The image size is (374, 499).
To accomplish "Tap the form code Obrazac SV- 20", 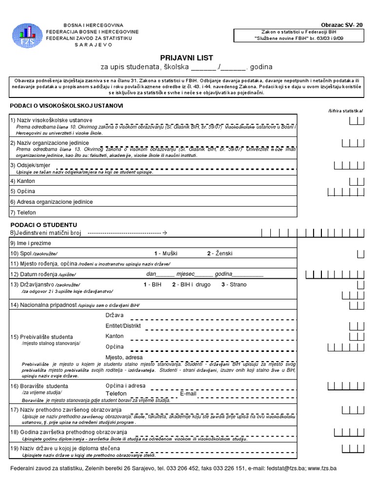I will [x=342, y=25].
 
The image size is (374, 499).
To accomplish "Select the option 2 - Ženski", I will [x=220, y=253].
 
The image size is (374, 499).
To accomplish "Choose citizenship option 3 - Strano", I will [x=234, y=284].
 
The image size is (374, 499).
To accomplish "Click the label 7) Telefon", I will [x=23, y=212].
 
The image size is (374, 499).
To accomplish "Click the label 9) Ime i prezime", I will [x=30, y=243].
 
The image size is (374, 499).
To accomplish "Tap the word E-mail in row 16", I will [x=188, y=393].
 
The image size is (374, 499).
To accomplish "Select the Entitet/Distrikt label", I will [x=123, y=326].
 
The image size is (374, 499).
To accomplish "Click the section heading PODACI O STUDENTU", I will [x=44, y=225].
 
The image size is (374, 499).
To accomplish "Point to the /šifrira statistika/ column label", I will [x=346, y=111].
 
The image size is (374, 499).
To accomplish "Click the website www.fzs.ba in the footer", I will [x=322, y=468].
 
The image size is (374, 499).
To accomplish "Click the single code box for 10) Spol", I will [x=360, y=253].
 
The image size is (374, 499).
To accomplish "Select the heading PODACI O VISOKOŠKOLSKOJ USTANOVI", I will [x=67, y=106].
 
